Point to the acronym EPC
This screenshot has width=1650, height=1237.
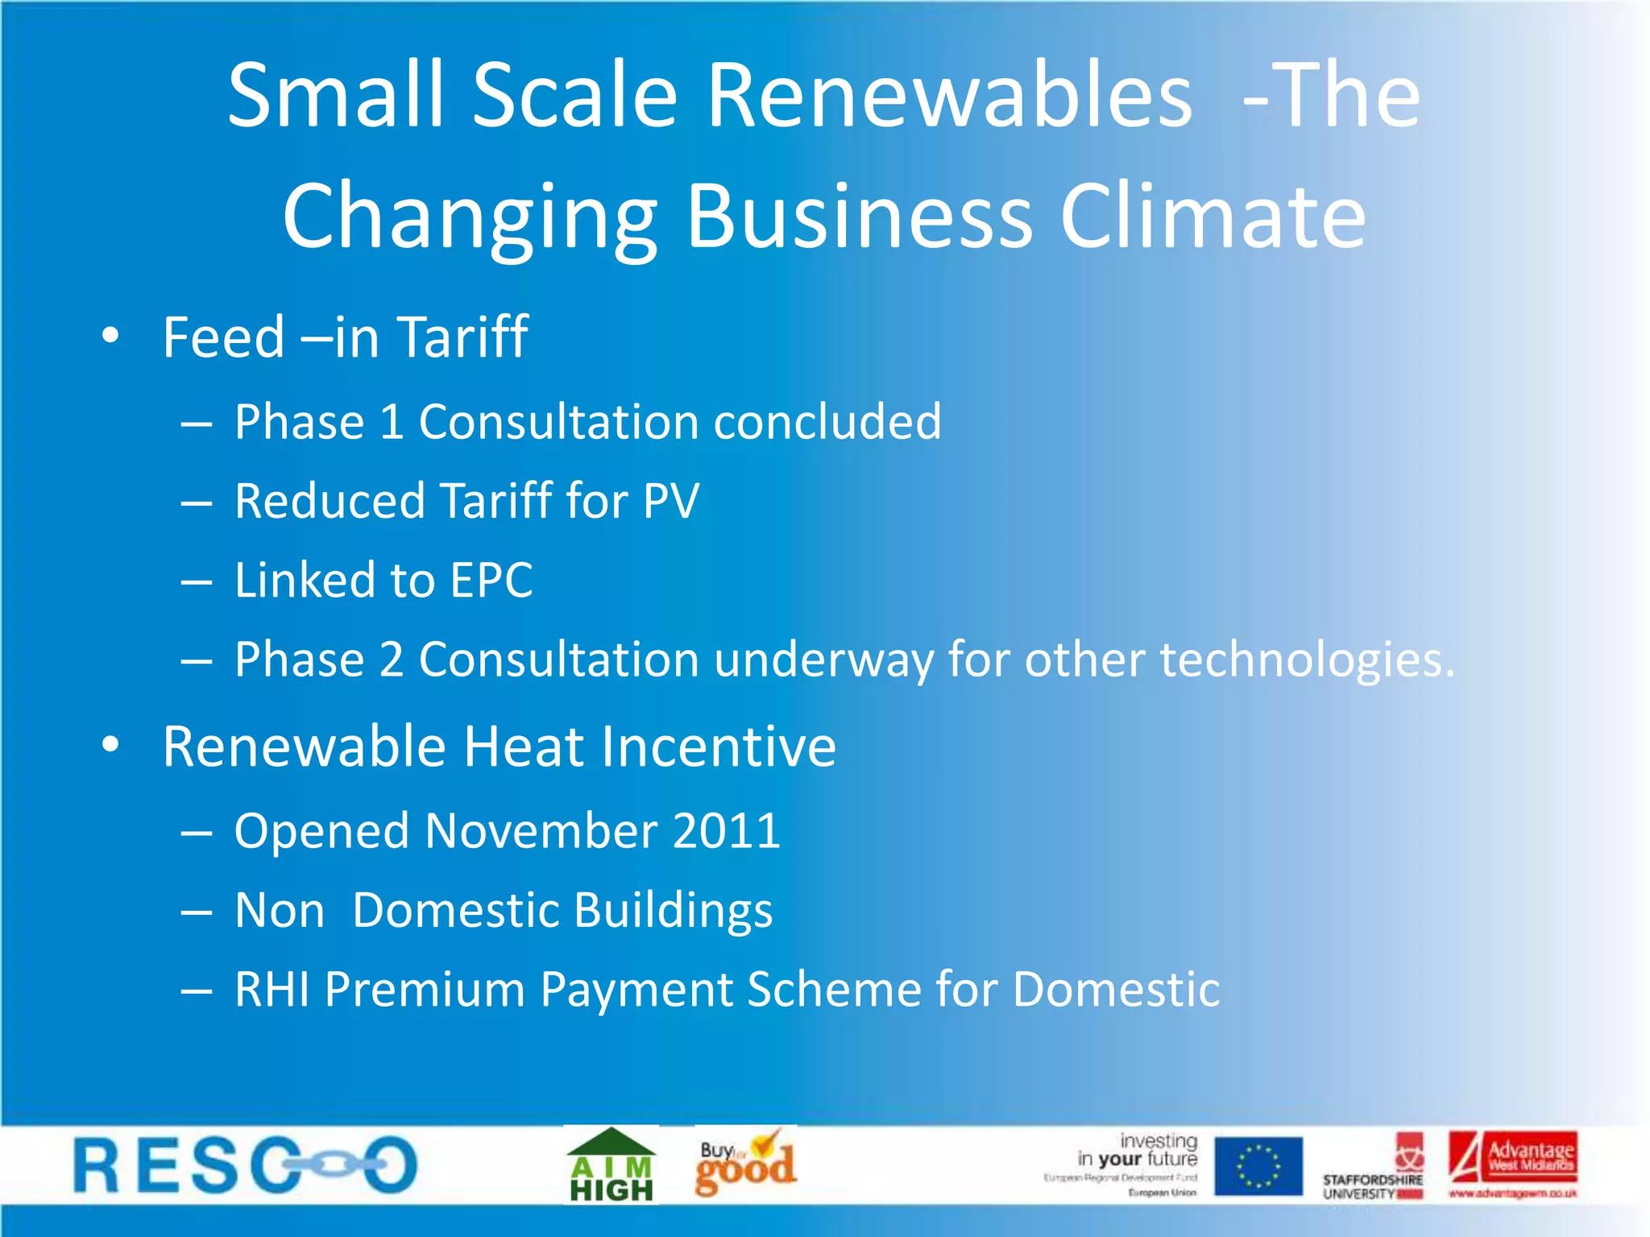click(491, 580)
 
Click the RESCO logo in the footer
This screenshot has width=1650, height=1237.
click(246, 1165)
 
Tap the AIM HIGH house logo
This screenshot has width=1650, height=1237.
click(611, 1165)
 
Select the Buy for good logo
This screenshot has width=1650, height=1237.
click(745, 1164)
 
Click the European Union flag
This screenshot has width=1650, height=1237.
click(1258, 1165)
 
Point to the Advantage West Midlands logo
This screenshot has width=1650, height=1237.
click(1512, 1164)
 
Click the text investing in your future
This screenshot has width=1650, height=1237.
click(1138, 1150)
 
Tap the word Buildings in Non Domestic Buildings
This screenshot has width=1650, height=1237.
click(673, 911)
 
